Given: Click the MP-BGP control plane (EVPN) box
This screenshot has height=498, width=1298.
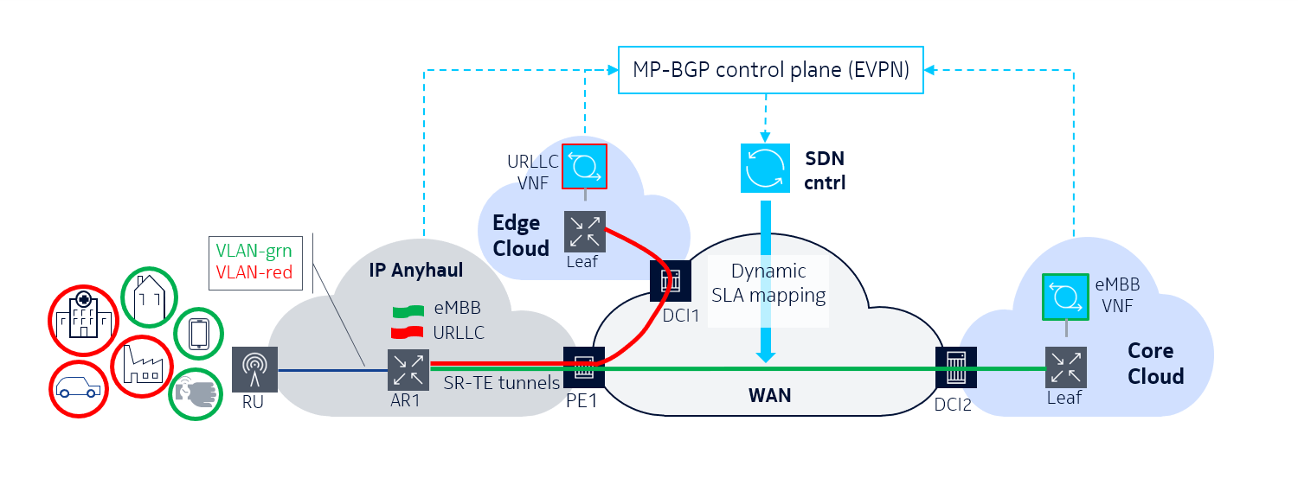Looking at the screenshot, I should (771, 71).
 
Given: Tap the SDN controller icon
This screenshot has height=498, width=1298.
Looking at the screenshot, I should (766, 168).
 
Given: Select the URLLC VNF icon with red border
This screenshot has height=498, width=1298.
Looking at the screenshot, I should (584, 166).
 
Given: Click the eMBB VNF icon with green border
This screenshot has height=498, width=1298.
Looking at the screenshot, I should (1066, 296).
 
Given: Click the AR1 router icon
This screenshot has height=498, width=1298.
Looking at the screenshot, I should (407, 369).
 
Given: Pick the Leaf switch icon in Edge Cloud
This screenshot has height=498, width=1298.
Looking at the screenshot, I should (584, 232).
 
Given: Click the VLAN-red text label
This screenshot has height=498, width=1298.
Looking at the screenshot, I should (254, 272).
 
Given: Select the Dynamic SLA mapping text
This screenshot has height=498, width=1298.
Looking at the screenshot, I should (768, 283).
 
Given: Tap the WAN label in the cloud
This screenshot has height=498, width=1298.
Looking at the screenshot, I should (769, 396).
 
